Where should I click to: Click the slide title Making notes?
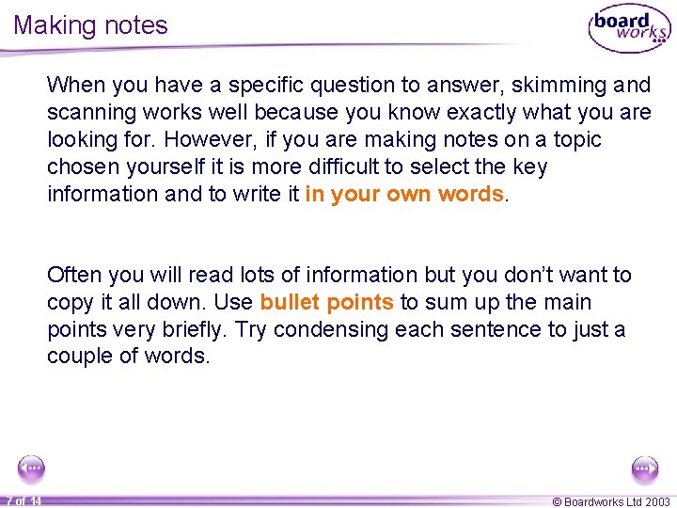90,25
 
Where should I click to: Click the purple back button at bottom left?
32,468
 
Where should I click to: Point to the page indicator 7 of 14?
24,500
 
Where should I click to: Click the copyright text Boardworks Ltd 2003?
610,501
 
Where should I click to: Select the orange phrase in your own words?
405,194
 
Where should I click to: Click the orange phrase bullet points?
327,302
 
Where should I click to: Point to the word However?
200,139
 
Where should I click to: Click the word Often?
73,275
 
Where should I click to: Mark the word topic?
575,139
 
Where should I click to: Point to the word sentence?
481,329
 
